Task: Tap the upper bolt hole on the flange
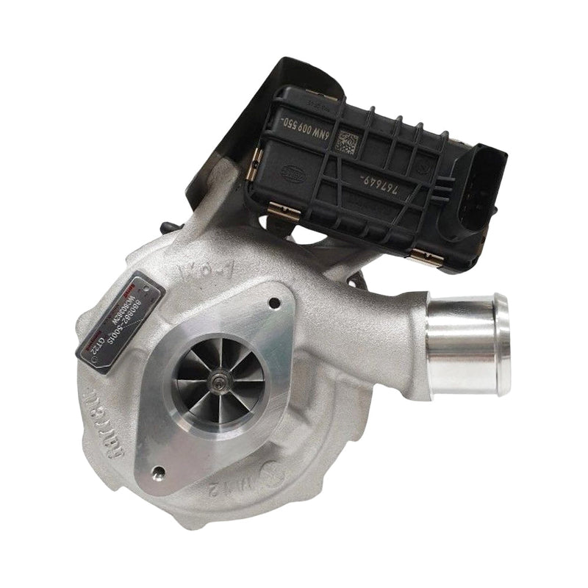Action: click(x=275, y=302)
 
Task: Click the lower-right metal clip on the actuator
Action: click(x=428, y=257)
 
